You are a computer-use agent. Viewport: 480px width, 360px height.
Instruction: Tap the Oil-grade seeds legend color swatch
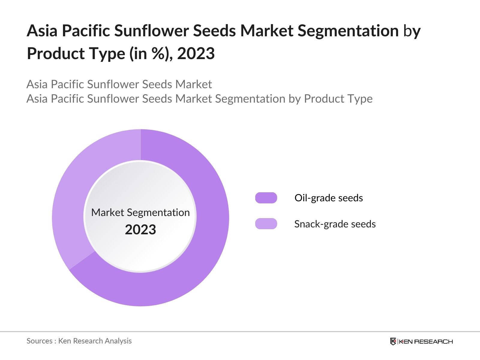coord(266,198)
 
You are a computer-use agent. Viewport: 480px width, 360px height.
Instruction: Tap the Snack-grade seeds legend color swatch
coord(266,223)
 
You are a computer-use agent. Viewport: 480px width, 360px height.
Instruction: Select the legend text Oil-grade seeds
coord(329,198)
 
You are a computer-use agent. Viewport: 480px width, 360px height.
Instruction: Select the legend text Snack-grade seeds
coord(335,224)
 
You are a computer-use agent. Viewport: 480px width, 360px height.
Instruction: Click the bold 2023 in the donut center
coord(140,229)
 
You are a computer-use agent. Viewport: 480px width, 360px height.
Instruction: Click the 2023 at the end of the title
coord(196,53)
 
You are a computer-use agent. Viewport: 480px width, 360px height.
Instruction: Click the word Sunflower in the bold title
coord(151,31)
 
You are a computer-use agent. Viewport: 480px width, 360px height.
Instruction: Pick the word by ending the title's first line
coord(412,31)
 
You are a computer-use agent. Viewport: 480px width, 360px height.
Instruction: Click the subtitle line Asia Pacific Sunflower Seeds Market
coord(119,84)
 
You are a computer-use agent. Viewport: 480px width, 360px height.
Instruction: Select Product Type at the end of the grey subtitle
coord(338,99)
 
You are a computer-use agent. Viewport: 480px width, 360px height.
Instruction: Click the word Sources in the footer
coord(40,341)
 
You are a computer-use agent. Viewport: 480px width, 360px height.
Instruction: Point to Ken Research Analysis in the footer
coord(95,341)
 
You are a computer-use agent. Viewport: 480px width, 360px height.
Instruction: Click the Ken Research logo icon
coord(393,341)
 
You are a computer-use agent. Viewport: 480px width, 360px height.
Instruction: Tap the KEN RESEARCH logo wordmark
coord(425,342)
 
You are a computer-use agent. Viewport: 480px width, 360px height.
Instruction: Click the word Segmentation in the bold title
coord(348,31)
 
